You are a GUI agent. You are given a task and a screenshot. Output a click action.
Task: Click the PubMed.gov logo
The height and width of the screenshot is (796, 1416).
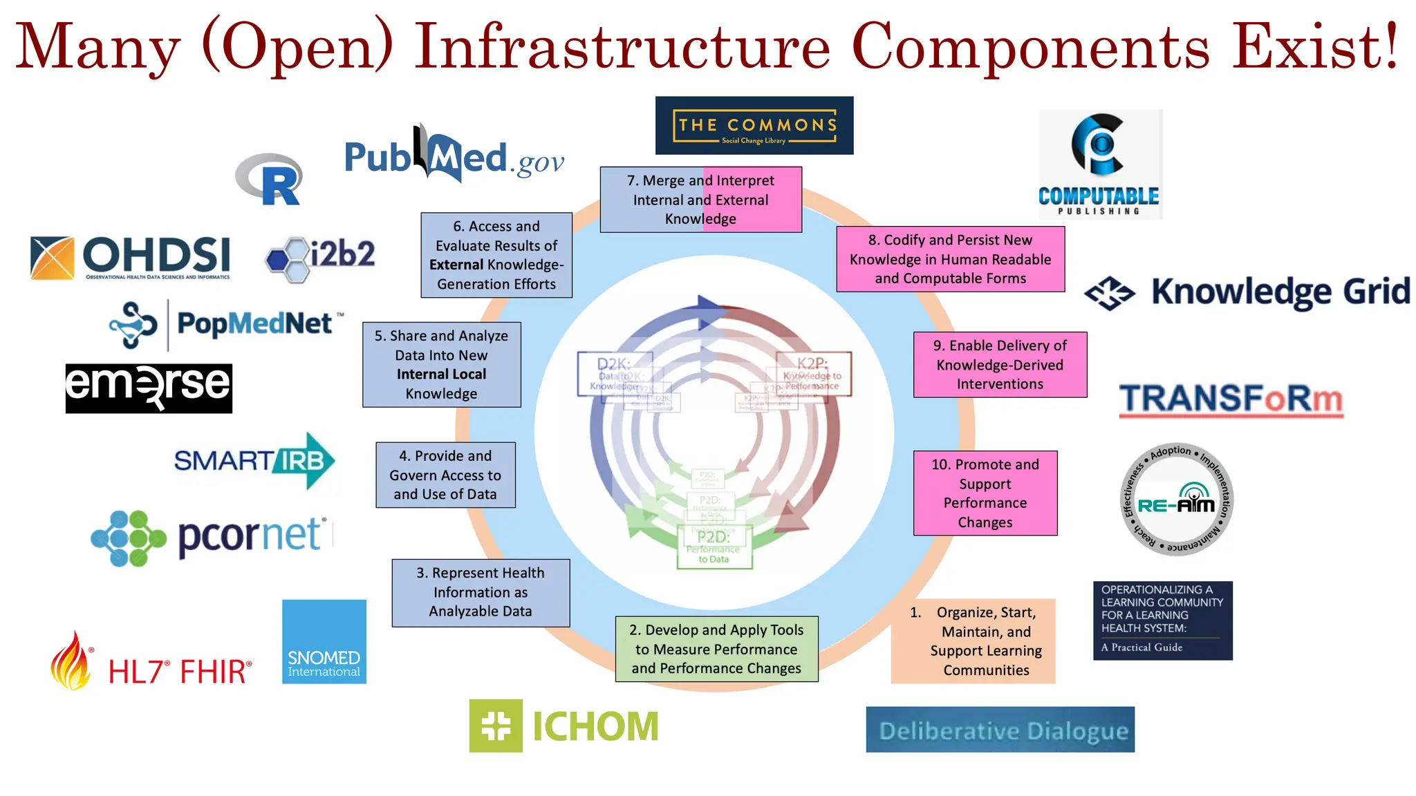(454, 155)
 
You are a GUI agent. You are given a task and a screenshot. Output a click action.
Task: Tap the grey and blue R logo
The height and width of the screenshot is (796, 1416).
(270, 179)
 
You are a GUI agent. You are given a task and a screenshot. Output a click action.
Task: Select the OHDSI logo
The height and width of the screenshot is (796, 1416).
(131, 257)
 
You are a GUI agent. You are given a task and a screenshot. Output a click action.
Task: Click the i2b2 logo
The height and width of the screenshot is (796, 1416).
(320, 257)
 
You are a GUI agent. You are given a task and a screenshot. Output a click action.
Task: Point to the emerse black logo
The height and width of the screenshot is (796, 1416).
(149, 388)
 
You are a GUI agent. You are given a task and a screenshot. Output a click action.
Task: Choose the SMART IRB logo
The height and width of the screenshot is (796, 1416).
(254, 461)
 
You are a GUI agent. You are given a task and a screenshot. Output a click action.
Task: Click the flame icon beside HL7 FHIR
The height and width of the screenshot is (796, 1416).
(71, 662)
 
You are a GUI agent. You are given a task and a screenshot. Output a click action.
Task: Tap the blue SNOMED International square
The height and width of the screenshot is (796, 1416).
(324, 641)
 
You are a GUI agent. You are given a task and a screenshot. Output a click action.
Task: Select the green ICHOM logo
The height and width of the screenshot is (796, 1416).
(563, 726)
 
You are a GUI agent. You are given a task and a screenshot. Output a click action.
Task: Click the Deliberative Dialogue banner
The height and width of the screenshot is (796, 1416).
(1000, 730)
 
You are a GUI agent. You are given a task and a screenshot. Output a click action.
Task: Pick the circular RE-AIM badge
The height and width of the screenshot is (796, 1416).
(1176, 499)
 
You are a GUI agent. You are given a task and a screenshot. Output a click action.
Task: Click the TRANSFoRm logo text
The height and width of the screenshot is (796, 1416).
(1231, 399)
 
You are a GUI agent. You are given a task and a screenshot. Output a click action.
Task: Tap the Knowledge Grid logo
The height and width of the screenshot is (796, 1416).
(1247, 292)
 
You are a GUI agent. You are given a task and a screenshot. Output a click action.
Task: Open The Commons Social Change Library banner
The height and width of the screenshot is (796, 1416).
(754, 125)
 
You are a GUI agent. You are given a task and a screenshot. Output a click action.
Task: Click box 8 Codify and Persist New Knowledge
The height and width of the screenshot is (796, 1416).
(950, 259)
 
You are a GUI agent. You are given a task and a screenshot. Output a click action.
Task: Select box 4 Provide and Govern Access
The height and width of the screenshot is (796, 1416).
(445, 475)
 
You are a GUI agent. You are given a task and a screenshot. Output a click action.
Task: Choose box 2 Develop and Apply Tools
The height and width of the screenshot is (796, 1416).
(716, 649)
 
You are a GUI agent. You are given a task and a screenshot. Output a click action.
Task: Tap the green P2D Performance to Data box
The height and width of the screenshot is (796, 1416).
(714, 547)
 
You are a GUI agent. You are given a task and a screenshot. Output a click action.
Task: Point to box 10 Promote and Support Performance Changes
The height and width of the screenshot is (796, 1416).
(985, 493)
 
